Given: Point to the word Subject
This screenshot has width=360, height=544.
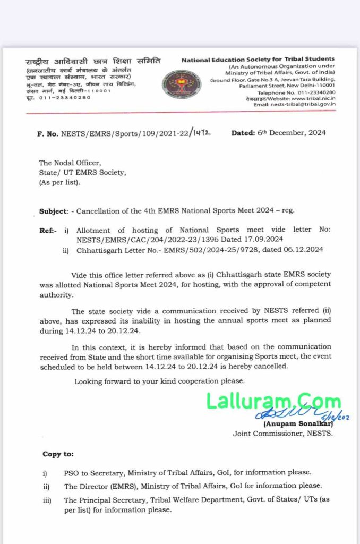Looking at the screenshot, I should coord(53,211).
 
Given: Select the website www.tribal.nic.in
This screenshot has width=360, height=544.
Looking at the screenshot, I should coord(313,98).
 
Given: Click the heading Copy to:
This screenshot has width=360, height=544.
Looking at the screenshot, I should coord(58,454).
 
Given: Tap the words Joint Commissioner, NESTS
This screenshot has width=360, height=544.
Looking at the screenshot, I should coord(282,433).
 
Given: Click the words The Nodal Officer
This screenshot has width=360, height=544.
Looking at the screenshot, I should coord(69,163).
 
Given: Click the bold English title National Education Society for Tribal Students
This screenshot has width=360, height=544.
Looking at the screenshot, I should coord(258,59).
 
